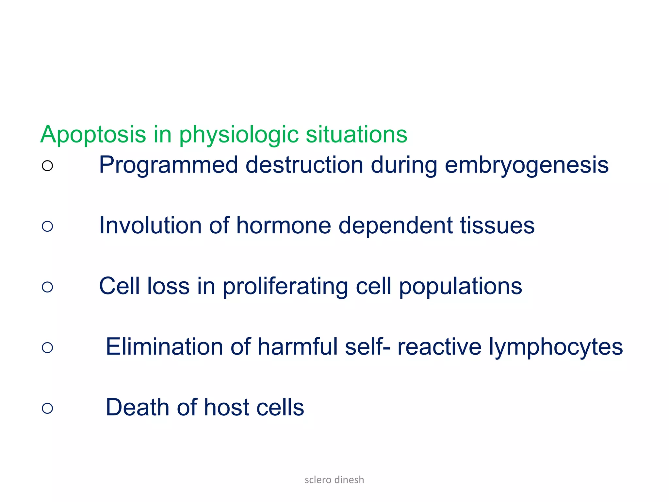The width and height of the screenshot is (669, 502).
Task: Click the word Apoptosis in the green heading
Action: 93,135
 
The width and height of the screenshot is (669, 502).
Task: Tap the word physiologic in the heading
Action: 238,135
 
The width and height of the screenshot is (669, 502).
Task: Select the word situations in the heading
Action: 356,135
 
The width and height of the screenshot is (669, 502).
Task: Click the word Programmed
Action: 168,165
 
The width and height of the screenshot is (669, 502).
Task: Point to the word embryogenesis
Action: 527,165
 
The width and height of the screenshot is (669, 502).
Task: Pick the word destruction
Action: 304,165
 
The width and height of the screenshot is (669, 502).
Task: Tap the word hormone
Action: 284,226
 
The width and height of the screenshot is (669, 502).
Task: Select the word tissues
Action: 497,226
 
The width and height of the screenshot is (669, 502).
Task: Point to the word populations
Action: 461,287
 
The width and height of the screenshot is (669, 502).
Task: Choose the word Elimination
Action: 164,347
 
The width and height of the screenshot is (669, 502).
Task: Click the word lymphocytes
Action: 556,347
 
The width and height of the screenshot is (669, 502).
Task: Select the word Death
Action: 138,408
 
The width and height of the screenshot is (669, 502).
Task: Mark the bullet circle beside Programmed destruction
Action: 47,166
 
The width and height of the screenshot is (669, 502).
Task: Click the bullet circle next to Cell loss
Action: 47,287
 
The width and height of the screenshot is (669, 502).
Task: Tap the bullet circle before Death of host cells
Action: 47,408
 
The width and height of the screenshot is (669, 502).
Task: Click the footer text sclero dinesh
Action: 334,480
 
